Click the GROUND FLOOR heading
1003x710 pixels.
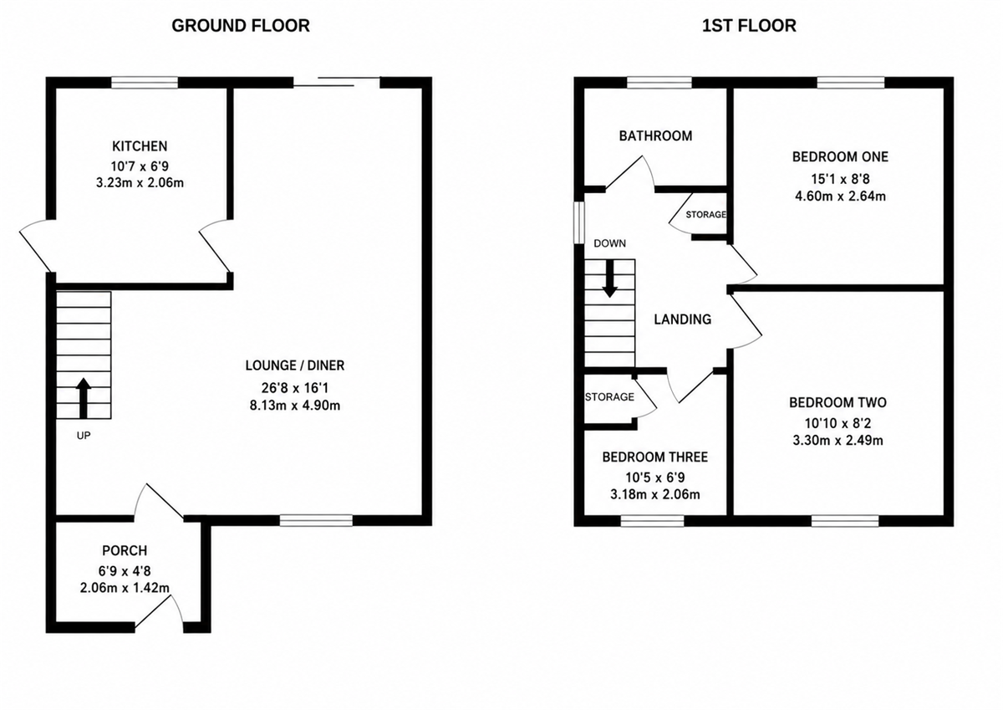pos(241,26)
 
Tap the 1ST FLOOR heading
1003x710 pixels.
pos(749,26)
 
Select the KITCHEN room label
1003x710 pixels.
pos(140,146)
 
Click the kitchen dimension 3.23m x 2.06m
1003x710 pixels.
pos(140,183)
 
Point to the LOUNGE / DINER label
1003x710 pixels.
pos(295,365)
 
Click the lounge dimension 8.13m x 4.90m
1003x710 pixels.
pos(295,406)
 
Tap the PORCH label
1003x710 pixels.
pos(125,550)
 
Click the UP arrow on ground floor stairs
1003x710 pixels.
pos(84,398)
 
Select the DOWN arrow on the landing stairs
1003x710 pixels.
pos(609,278)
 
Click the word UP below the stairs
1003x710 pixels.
pos(84,436)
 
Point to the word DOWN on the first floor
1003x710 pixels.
pos(609,243)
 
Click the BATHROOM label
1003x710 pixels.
pos(655,135)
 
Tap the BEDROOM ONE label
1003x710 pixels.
pos(840,156)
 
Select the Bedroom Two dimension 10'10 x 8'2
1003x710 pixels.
pos(838,423)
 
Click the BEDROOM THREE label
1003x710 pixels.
pos(654,457)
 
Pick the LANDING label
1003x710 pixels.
pos(682,319)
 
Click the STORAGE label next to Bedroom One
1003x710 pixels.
pos(705,215)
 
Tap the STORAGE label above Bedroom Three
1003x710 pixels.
pos(609,397)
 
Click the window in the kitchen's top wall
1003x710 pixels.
pos(145,83)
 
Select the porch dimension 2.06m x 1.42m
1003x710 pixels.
pos(125,588)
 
